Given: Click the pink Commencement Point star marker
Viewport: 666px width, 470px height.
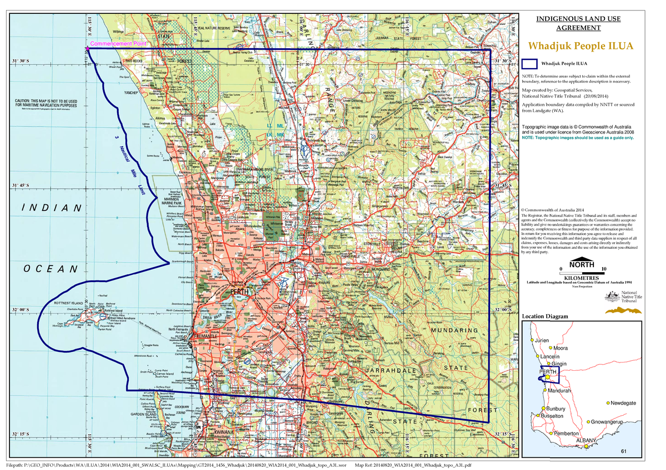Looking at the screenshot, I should point(87,49).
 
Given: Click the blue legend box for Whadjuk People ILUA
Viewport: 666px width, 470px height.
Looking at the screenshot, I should point(529,64).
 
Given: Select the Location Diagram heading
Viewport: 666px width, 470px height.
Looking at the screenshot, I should point(545,316).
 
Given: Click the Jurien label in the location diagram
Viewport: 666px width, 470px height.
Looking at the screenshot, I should point(542,339).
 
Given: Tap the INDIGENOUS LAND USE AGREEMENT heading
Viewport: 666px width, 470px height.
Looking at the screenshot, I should point(578,24).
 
